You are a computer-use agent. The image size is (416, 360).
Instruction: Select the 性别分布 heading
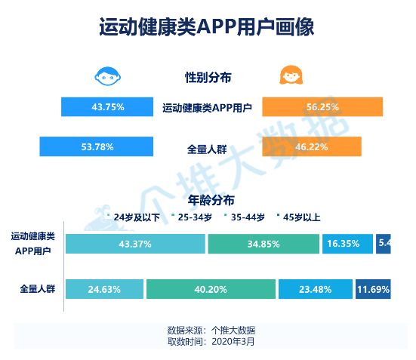(208, 77)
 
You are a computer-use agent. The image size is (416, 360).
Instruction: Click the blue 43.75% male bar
(107, 107)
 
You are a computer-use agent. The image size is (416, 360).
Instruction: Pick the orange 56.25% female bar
(322, 107)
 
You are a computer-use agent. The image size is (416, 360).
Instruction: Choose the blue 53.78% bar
(97, 146)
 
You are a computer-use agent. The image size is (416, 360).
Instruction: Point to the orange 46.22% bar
(311, 146)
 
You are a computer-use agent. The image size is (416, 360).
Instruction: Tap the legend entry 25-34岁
(193, 217)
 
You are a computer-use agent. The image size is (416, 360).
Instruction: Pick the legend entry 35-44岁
(245, 217)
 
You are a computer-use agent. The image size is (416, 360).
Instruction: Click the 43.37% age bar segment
(135, 244)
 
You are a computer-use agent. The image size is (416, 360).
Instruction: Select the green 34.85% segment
(263, 244)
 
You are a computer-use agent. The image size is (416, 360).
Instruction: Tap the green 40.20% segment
(211, 289)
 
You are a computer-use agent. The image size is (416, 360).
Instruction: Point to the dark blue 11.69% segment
(373, 289)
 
